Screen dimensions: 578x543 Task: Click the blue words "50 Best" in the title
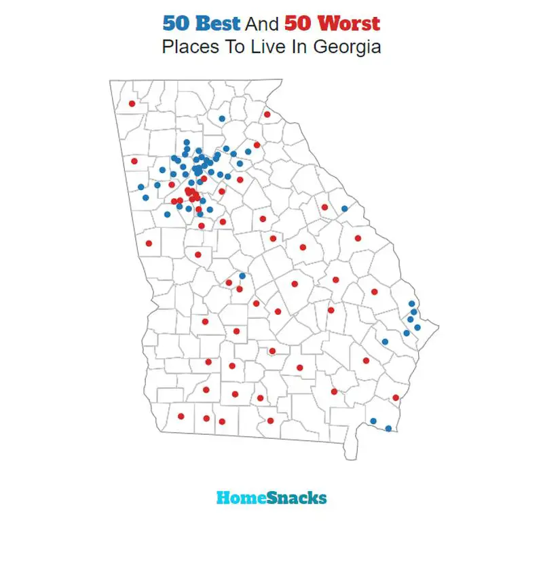[201, 24]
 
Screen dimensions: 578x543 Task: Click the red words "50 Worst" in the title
[333, 24]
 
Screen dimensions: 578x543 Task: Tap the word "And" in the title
[262, 24]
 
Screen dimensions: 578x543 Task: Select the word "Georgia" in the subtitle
[347, 47]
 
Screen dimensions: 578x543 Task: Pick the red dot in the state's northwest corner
[132, 104]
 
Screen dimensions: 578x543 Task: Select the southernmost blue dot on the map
[388, 428]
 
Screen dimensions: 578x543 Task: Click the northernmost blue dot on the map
[222, 119]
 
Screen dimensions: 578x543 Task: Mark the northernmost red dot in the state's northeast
[267, 114]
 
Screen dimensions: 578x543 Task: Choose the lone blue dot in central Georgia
[242, 276]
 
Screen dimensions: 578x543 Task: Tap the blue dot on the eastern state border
[345, 208]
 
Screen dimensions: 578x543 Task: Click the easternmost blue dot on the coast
[417, 328]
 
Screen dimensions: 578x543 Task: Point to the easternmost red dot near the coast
[396, 398]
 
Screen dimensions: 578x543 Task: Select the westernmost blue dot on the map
[141, 187]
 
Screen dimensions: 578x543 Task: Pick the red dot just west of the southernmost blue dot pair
[334, 391]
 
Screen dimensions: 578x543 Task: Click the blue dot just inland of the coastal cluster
[385, 341]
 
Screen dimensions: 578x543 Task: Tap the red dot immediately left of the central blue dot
[229, 282]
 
